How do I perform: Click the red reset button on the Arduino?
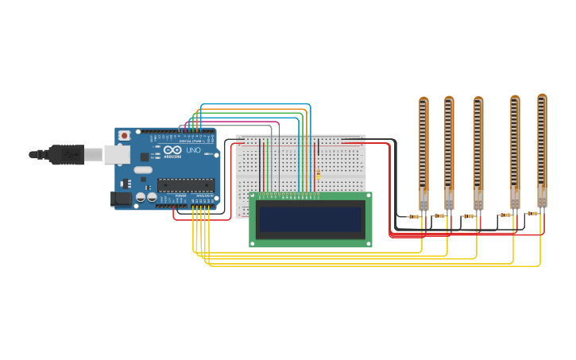[124, 136]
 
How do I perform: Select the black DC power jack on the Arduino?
[121, 199]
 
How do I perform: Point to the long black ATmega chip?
[186, 185]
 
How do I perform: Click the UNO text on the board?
[193, 149]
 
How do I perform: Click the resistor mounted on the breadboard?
[319, 174]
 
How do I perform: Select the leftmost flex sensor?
[423, 151]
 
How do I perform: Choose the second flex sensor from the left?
[449, 151]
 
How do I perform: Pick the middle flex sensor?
[478, 151]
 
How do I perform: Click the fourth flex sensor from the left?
[515, 151]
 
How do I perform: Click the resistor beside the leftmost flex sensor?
[414, 216]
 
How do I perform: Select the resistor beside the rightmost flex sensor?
[532, 213]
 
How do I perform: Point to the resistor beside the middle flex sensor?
[469, 215]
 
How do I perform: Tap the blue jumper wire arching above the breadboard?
[254, 104]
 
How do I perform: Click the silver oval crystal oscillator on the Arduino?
[143, 169]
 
